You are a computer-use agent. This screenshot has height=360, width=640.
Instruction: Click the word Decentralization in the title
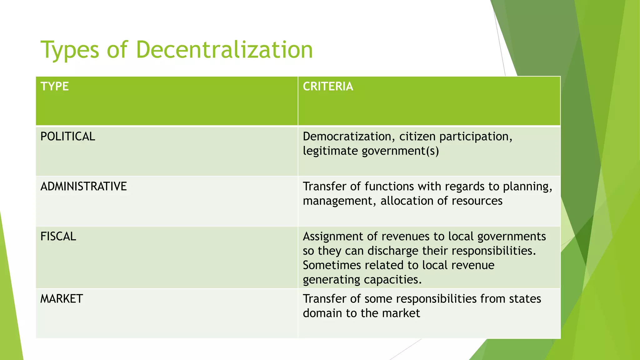click(x=224, y=50)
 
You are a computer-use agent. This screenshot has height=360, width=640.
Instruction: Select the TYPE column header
click(x=55, y=86)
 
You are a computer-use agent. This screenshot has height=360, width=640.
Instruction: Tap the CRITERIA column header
click(x=328, y=86)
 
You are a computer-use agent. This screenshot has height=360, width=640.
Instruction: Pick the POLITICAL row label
click(x=68, y=137)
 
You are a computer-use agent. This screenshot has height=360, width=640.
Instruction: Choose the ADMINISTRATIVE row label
click(x=84, y=187)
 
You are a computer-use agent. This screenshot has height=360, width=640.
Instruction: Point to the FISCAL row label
click(x=58, y=237)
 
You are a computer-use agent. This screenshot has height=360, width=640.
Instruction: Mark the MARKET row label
click(x=62, y=299)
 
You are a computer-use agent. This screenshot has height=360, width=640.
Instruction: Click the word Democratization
click(x=347, y=137)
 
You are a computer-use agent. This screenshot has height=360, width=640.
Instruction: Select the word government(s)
click(x=400, y=151)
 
